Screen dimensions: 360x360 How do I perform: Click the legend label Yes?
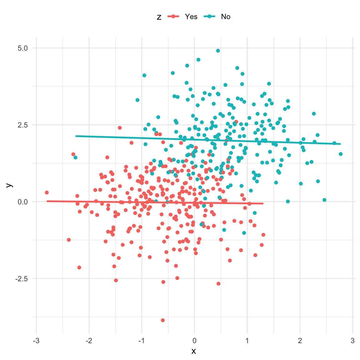(191, 17)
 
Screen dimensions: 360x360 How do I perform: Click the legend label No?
(225, 17)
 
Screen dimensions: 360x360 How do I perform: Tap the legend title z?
(159, 17)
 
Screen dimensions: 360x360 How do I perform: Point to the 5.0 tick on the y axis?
(23, 48)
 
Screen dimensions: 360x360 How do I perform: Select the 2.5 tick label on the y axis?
(23, 125)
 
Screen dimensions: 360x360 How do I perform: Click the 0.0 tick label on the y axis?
(23, 202)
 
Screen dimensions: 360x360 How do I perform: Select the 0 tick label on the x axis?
(194, 341)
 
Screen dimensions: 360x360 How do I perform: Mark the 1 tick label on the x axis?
(247, 341)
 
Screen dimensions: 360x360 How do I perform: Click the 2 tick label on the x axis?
(300, 341)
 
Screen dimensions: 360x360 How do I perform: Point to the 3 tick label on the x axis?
(353, 341)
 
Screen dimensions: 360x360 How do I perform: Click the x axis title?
(194, 351)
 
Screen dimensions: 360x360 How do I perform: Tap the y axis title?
(10, 185)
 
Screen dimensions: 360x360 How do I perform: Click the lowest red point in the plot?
(162, 320)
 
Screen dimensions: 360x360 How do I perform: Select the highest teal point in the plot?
(218, 51)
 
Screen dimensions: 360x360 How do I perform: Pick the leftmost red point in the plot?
(47, 192)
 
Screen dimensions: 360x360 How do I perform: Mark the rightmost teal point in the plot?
(341, 154)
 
